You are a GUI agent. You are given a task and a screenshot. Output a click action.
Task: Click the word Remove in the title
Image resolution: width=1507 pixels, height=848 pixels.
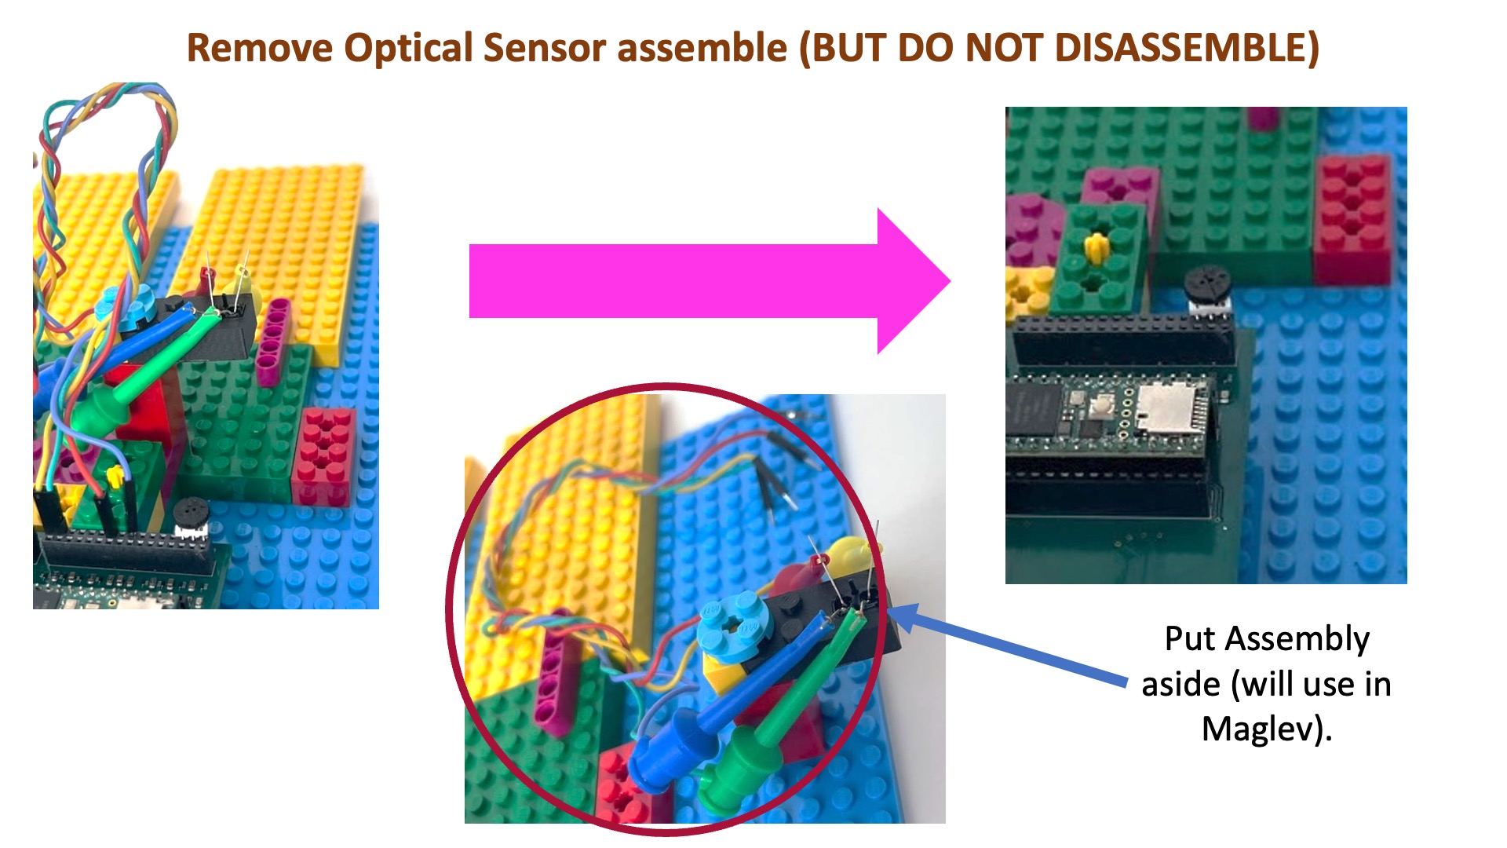coord(260,48)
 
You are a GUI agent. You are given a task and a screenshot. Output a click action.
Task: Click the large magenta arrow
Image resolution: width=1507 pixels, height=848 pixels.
coord(710,281)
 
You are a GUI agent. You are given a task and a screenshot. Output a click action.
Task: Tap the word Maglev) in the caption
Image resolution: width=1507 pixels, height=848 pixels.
coord(1267,729)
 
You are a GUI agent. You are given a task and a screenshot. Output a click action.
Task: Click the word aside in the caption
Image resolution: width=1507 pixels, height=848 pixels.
coord(1181,685)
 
